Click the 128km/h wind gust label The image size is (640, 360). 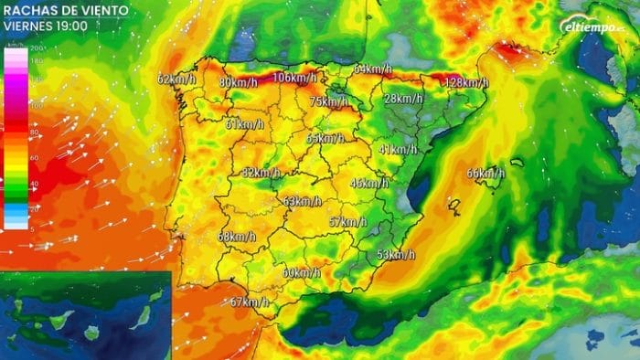point(466,82)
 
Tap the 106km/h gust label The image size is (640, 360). point(294,78)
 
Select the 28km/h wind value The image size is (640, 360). point(403,99)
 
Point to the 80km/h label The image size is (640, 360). point(238,83)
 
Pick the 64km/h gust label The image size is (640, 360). point(372,69)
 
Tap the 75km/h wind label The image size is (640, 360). point(329,101)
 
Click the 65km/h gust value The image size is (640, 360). point(325,138)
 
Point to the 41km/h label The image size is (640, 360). point(397,149)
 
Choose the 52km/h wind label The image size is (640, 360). point(261,173)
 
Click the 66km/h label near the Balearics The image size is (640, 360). point(485,174)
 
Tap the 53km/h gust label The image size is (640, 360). point(396,254)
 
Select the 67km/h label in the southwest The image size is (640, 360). point(249,302)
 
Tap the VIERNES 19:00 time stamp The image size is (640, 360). point(45,26)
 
